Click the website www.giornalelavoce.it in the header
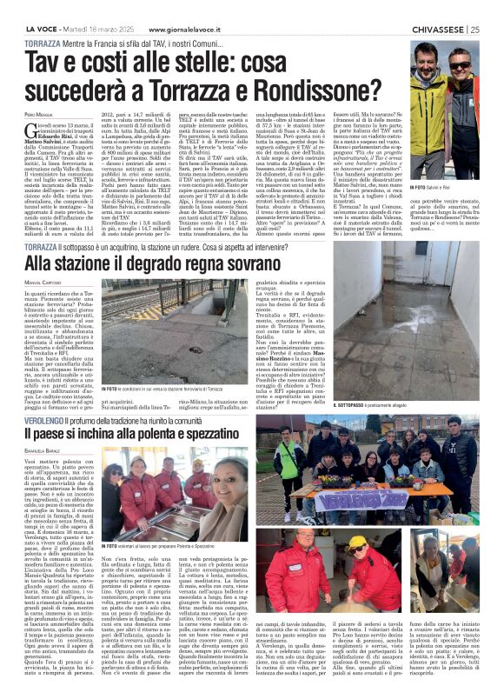tap(166, 8)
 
